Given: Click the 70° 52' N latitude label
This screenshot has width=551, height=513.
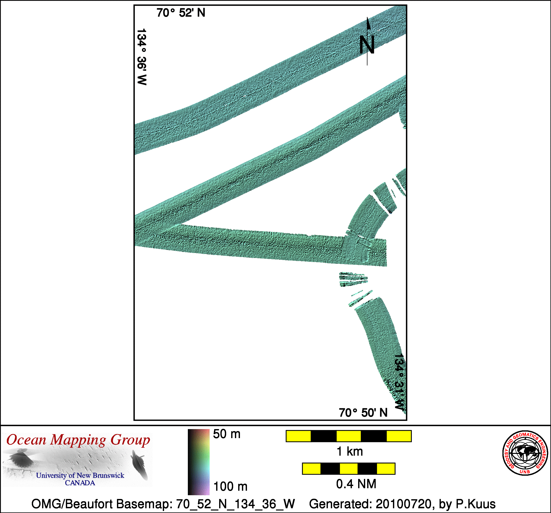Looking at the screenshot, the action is (x=181, y=13).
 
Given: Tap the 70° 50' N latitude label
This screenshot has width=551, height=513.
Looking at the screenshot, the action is (x=363, y=413).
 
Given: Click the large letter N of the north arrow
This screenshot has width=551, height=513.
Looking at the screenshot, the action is (x=367, y=45).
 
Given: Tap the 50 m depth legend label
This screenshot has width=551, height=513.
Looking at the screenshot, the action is (x=227, y=434).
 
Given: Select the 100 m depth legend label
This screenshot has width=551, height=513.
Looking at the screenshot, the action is (x=230, y=487).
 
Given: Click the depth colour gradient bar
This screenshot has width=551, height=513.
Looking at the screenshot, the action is (x=198, y=462).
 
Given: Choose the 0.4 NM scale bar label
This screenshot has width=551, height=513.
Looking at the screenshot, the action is (x=356, y=484).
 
